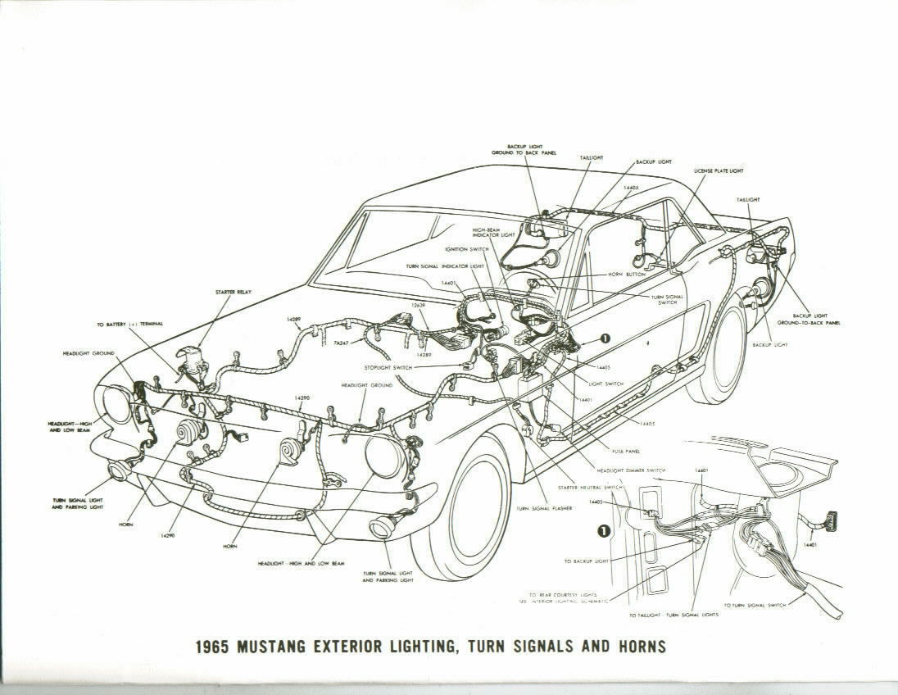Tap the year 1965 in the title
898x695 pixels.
point(215,647)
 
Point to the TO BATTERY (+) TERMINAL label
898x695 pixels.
point(129,325)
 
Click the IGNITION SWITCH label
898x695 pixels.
point(466,248)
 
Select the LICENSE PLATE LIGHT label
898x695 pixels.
point(719,171)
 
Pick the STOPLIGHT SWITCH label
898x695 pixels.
point(390,368)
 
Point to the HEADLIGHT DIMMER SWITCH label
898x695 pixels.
point(631,470)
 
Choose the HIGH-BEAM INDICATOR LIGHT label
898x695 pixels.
point(494,233)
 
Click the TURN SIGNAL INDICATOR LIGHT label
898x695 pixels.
point(445,266)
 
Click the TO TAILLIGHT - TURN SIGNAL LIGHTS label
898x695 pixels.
point(673,614)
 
